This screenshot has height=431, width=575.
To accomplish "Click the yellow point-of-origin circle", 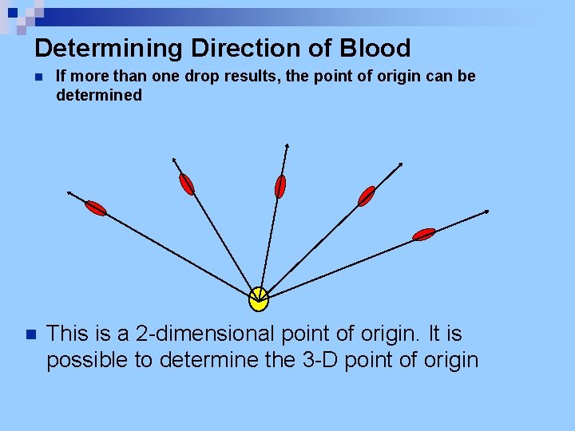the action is click(259, 299).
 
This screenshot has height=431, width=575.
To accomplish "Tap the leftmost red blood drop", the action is click(96, 208).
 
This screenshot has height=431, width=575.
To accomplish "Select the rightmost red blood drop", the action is click(424, 234).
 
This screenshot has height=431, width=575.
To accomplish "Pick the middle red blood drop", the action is click(280, 186).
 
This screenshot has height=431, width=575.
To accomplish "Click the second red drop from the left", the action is click(186, 184).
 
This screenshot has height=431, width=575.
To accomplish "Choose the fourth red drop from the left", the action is click(367, 196).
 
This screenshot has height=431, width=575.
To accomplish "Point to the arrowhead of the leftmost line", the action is click(69, 192).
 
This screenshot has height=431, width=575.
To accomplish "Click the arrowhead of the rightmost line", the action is click(486, 212).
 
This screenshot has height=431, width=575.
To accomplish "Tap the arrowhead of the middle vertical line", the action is click(287, 145).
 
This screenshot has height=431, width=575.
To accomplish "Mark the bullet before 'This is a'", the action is click(30, 334).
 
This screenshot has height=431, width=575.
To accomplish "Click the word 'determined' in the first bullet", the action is click(99, 95).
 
